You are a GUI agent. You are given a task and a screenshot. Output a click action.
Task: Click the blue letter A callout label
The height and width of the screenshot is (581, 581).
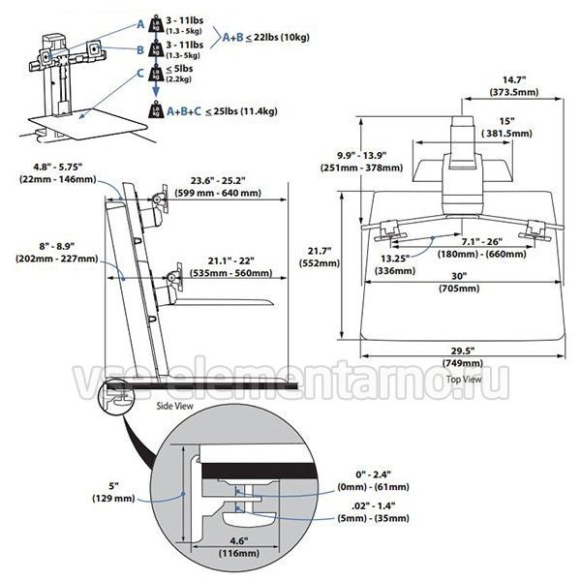point(140,24)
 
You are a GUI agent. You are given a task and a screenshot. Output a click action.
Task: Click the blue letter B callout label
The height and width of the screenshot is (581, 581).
point(140,49)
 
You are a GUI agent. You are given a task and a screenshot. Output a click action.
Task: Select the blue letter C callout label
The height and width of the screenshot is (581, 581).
point(140,74)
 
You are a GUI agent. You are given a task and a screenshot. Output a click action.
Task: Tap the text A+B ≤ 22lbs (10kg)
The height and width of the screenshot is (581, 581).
point(266,37)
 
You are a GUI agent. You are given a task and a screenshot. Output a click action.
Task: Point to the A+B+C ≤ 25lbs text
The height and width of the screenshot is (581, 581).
point(222,111)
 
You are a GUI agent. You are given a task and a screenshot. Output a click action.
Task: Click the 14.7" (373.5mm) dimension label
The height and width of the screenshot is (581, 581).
point(514,86)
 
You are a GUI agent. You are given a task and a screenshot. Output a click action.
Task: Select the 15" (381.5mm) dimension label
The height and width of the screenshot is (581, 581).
point(506,128)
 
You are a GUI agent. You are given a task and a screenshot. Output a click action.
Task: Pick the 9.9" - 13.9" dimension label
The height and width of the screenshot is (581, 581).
point(361,161)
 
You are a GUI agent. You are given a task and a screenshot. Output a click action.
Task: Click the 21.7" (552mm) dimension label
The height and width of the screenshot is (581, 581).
point(320,258)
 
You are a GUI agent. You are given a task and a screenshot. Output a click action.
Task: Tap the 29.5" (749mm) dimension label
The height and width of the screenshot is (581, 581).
point(463,356)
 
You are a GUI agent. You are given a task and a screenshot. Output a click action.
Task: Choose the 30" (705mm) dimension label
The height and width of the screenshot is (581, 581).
point(459,283)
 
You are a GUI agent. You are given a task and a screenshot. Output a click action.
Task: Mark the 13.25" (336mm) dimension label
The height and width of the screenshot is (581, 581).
point(395,264)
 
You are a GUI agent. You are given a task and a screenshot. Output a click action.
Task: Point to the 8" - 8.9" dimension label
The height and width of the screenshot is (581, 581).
point(57,252)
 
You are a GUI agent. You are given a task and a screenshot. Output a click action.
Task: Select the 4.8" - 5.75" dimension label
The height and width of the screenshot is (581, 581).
point(58,173)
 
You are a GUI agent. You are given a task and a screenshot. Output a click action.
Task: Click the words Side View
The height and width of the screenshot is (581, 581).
point(175,406)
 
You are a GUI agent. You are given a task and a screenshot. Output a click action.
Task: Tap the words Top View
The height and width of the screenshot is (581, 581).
point(464,379)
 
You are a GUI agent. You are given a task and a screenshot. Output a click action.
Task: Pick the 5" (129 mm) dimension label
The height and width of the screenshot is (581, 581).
point(113,492)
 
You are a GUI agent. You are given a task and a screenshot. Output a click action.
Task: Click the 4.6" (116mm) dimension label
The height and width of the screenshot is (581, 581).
point(238,547)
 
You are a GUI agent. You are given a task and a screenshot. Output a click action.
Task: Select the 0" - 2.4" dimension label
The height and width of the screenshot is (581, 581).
point(373,480)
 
